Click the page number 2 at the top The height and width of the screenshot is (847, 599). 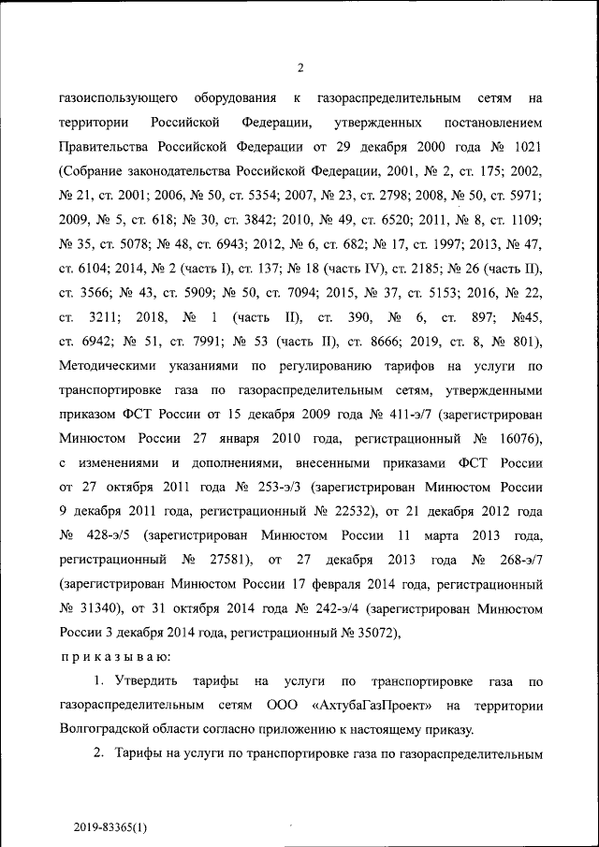click(300, 66)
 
